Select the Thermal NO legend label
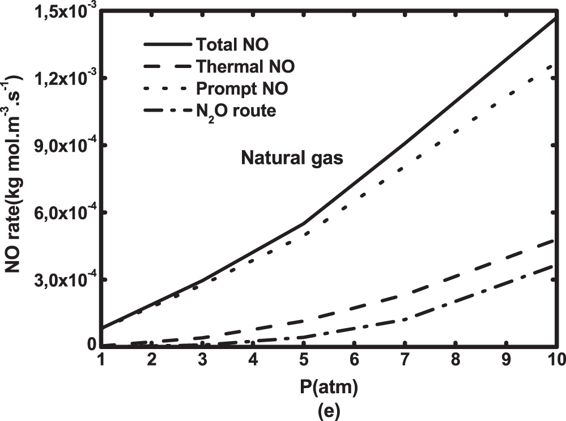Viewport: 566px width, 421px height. (245, 66)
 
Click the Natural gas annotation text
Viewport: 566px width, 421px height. (292, 158)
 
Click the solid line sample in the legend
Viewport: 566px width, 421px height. (165, 44)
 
